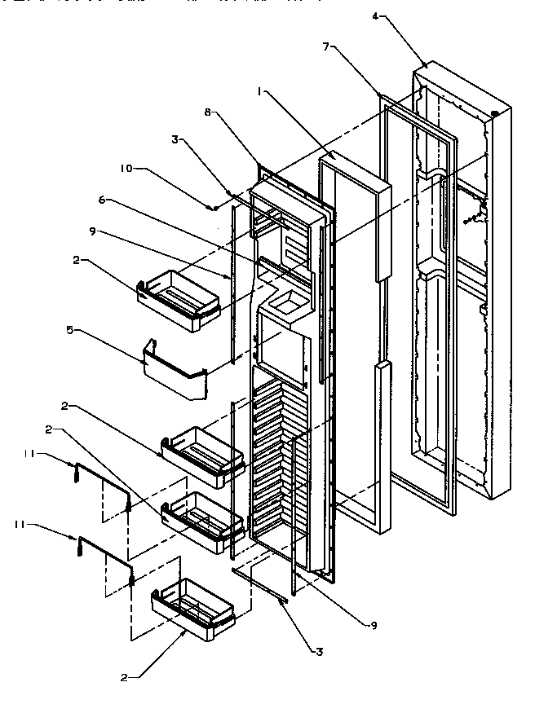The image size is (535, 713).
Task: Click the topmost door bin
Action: pos(181,300)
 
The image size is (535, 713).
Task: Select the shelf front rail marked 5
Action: pos(173,372)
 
